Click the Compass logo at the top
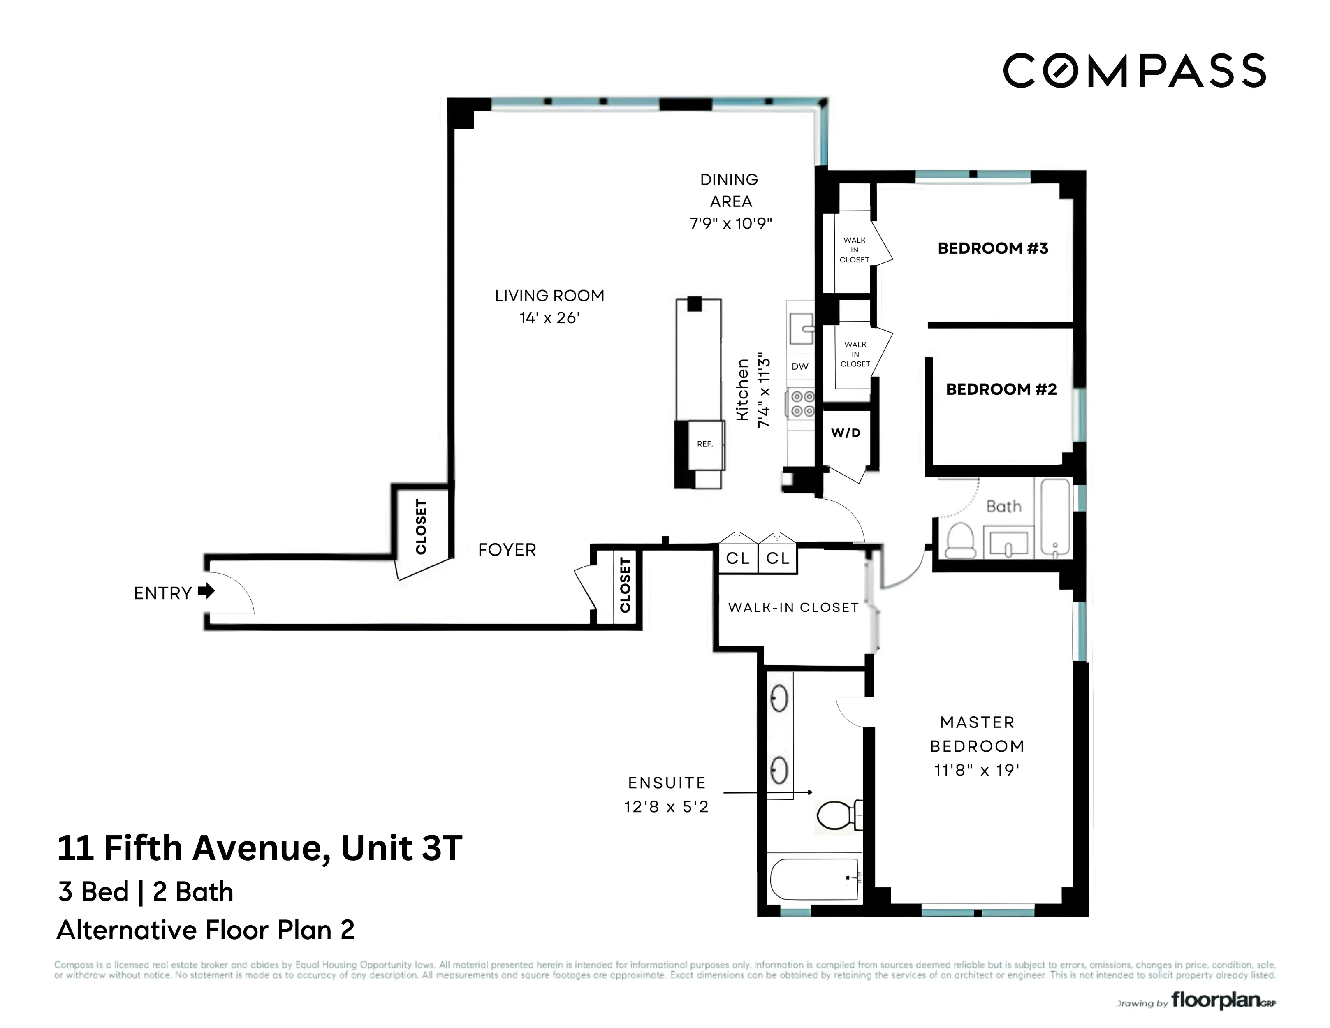pos(1134,71)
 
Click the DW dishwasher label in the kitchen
pos(799,366)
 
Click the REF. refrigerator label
pos(704,444)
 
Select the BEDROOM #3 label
pos(993,248)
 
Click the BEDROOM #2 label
pos(1001,389)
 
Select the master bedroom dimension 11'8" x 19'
pos(977,771)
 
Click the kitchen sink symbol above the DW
pos(801,329)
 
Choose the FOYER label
pos(507,550)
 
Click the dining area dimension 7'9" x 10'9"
pos(730,224)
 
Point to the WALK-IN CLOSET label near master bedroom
pos(793,607)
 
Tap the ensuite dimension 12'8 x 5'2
pos(666,807)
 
